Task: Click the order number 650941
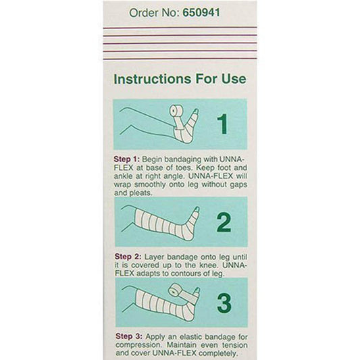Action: (x=201, y=12)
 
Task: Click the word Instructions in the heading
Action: (x=153, y=79)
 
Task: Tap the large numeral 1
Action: (x=222, y=124)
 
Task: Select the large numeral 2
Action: (x=224, y=222)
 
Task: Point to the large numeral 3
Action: (x=224, y=303)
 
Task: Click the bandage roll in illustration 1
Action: (x=176, y=111)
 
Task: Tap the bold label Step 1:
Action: (x=127, y=159)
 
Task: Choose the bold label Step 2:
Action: (x=128, y=257)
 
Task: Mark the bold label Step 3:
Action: (x=129, y=336)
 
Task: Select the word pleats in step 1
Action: (x=140, y=193)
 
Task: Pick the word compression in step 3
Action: (x=140, y=345)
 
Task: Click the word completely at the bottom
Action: (x=217, y=353)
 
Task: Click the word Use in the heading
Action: (x=234, y=79)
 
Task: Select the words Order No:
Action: (x=154, y=12)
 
